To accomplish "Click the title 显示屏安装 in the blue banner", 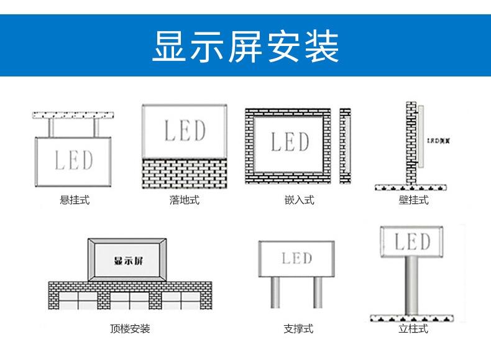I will click(245, 46).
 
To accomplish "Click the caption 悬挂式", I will click(74, 200).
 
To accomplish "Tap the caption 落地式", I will click(185, 200).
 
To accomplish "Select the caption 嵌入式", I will click(299, 200).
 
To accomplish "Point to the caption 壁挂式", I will click(413, 200).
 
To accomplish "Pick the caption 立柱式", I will click(413, 328).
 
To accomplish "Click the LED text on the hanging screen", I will click(74, 160).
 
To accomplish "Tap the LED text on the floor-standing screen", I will click(185, 131).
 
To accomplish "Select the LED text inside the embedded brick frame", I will click(290, 142).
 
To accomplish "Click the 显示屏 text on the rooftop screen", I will click(128, 260).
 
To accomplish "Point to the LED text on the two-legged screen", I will click(296, 257).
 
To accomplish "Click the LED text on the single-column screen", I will click(413, 241).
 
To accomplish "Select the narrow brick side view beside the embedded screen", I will click(345, 145).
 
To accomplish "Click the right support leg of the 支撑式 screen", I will click(318, 292).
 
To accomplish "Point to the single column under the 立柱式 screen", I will click(410, 285).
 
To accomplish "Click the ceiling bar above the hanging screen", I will click(74, 115).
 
